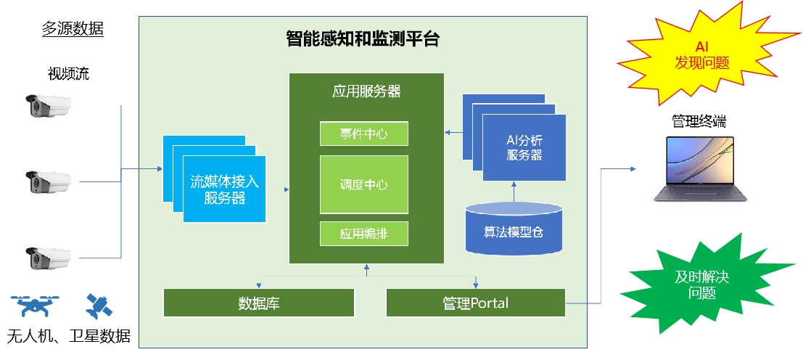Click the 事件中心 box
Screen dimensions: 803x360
point(364,134)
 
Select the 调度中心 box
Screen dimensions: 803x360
point(364,184)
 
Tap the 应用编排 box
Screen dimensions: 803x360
point(364,234)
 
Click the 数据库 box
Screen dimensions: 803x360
point(259,303)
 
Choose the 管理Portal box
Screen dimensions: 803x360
point(475,303)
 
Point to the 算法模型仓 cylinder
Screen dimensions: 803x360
point(514,229)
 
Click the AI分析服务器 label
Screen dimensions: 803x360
point(524,147)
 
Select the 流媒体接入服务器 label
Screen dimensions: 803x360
point(224,189)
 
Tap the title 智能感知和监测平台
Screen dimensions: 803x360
point(363,39)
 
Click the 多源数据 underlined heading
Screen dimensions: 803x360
point(73,29)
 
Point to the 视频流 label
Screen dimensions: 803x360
point(68,74)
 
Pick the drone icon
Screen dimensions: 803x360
point(36,306)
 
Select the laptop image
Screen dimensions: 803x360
point(700,168)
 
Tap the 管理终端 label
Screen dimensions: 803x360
point(699,121)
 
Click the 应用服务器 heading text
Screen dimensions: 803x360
point(366,91)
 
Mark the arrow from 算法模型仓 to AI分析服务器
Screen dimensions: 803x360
point(514,191)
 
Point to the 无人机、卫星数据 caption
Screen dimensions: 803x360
point(69,336)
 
